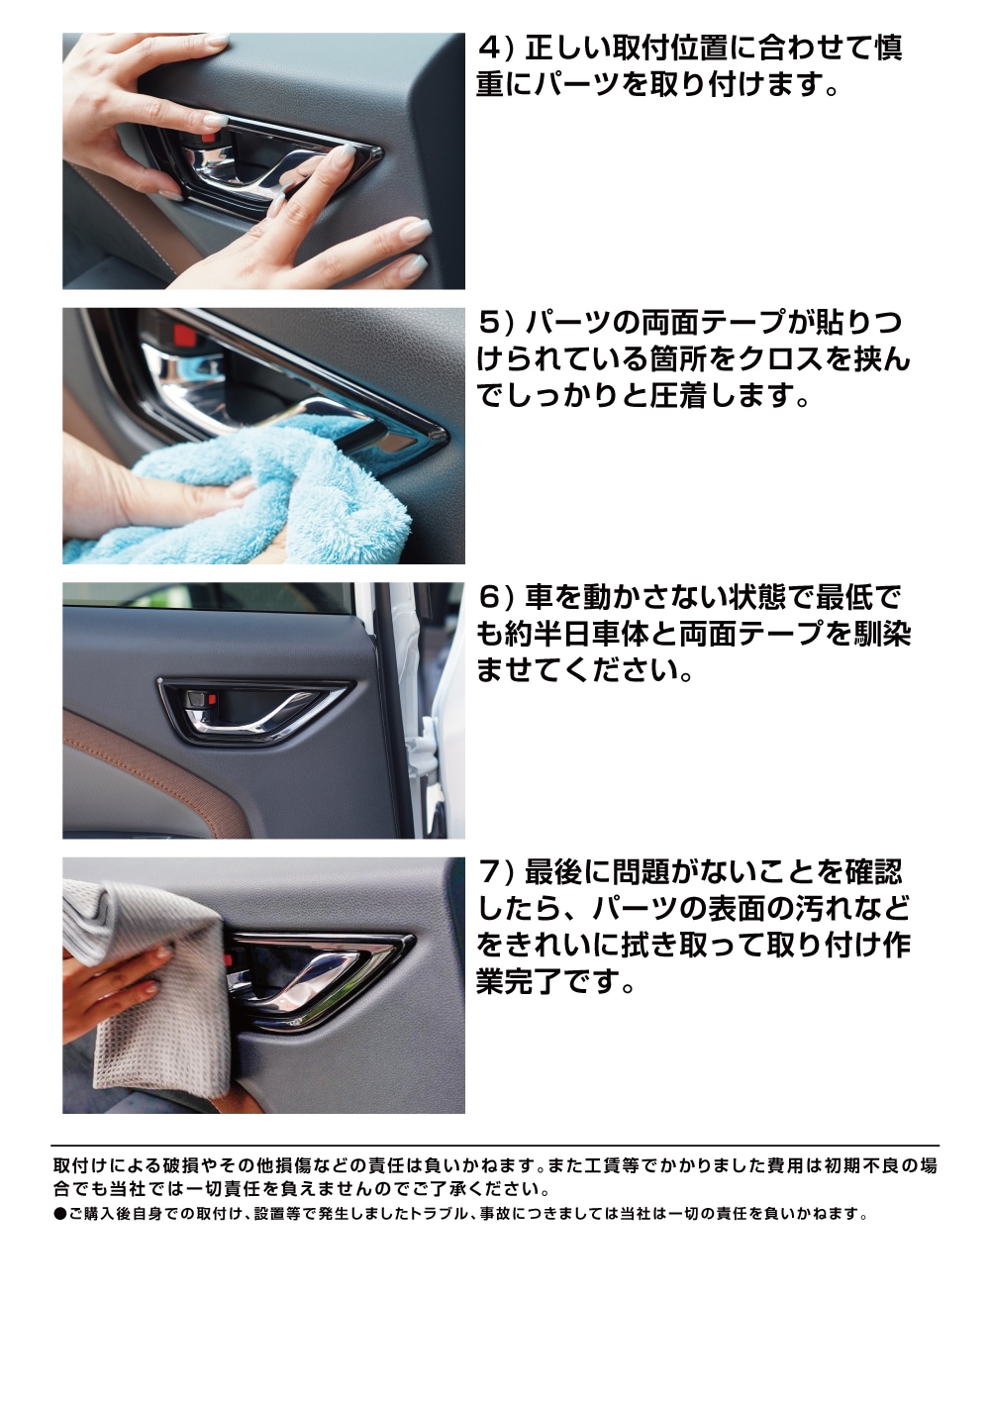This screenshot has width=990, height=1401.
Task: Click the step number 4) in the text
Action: tap(494, 48)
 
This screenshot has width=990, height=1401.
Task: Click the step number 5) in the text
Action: tap(496, 323)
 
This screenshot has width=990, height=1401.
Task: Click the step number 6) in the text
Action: tap(495, 598)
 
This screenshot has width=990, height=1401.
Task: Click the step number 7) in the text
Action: tap(495, 873)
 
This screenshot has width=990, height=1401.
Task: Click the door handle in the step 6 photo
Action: tap(252, 708)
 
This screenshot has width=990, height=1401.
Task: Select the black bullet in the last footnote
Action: tap(59, 1214)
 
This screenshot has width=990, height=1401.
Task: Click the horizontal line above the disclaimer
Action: tap(495, 1146)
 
